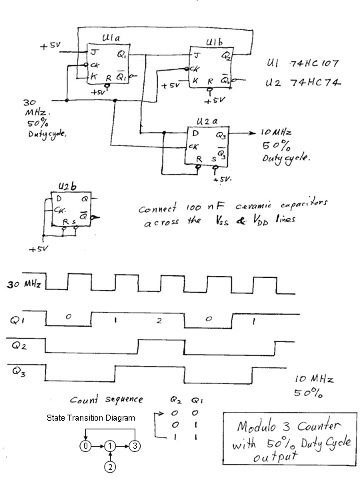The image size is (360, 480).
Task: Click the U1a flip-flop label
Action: pos(111,38)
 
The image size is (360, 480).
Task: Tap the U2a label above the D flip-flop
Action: pos(207,121)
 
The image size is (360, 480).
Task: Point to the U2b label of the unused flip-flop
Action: pos(67,186)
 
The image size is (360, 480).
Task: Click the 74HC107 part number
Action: pos(314,64)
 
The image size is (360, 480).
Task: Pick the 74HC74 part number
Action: pos(315,83)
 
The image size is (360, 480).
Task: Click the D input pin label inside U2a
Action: pos(195,133)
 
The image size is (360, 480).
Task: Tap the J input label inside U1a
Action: pos(94,53)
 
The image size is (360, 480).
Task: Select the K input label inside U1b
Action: pos(195,81)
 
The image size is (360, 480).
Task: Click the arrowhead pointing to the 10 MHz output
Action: pos(252,133)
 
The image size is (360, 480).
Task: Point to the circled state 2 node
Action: pos(110,467)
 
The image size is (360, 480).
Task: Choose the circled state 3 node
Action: pos(135,446)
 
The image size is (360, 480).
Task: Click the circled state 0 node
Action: pos(86,446)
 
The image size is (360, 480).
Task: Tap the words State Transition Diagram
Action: pos(91,418)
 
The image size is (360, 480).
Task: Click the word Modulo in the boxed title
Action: pos(257,426)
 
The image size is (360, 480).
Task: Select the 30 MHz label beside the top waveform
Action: pos(23,285)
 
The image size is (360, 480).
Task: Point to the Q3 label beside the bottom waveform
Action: pos(19,371)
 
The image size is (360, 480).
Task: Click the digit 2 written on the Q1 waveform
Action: pos(159,321)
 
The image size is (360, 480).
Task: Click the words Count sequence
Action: pos(106,399)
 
